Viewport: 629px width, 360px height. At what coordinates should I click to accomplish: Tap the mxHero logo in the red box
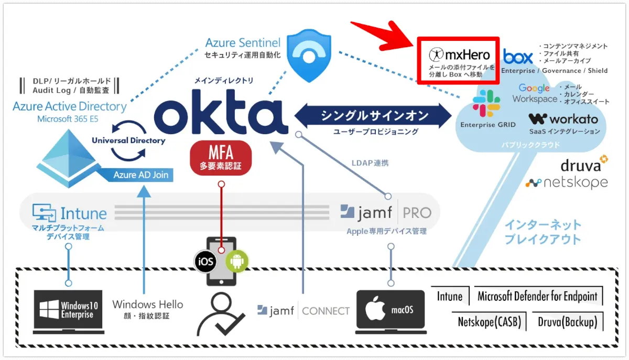pyautogui.click(x=459, y=54)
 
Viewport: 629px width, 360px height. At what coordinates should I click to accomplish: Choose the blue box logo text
pyautogui.click(x=518, y=56)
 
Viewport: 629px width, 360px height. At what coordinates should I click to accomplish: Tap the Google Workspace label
pyautogui.click(x=535, y=93)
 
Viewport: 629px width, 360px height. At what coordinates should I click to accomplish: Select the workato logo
pyautogui.click(x=563, y=119)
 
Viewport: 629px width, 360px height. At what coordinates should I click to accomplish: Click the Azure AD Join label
pyautogui.click(x=140, y=174)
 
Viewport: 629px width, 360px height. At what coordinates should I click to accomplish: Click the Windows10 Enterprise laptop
pyautogui.click(x=68, y=311)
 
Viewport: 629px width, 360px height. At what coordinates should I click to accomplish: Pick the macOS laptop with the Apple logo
pyautogui.click(x=390, y=310)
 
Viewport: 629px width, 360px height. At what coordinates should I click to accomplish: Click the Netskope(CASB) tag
pyautogui.click(x=489, y=322)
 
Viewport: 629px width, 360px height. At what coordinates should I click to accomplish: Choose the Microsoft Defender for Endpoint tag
pyautogui.click(x=537, y=296)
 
